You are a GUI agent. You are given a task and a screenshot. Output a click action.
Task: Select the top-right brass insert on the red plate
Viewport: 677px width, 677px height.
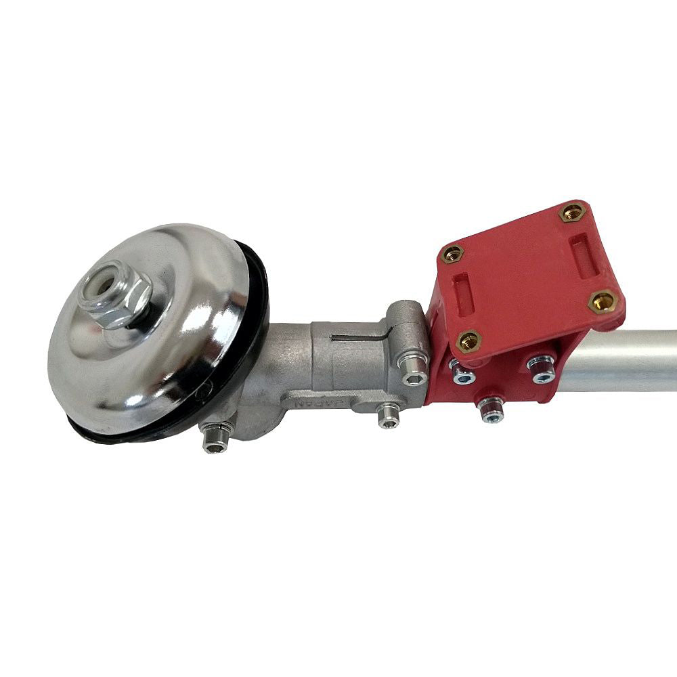click(x=571, y=212)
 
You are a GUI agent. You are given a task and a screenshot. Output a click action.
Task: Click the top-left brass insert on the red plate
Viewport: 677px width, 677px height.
click(x=453, y=255)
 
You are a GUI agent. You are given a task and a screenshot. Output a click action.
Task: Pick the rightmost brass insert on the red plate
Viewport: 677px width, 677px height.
click(x=601, y=301)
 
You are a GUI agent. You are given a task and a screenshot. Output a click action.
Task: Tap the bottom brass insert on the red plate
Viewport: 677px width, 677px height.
click(x=469, y=342)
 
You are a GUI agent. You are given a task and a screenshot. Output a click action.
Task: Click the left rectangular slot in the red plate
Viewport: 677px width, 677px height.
click(x=463, y=294)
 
